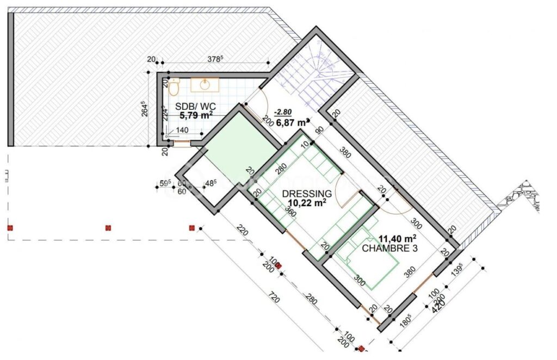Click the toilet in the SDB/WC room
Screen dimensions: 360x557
click(174, 87)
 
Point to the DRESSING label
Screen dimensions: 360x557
click(306, 194)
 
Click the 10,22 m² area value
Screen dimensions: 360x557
click(307, 203)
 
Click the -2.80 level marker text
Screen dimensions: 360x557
click(284, 112)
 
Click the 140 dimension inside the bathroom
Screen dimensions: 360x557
click(182, 131)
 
